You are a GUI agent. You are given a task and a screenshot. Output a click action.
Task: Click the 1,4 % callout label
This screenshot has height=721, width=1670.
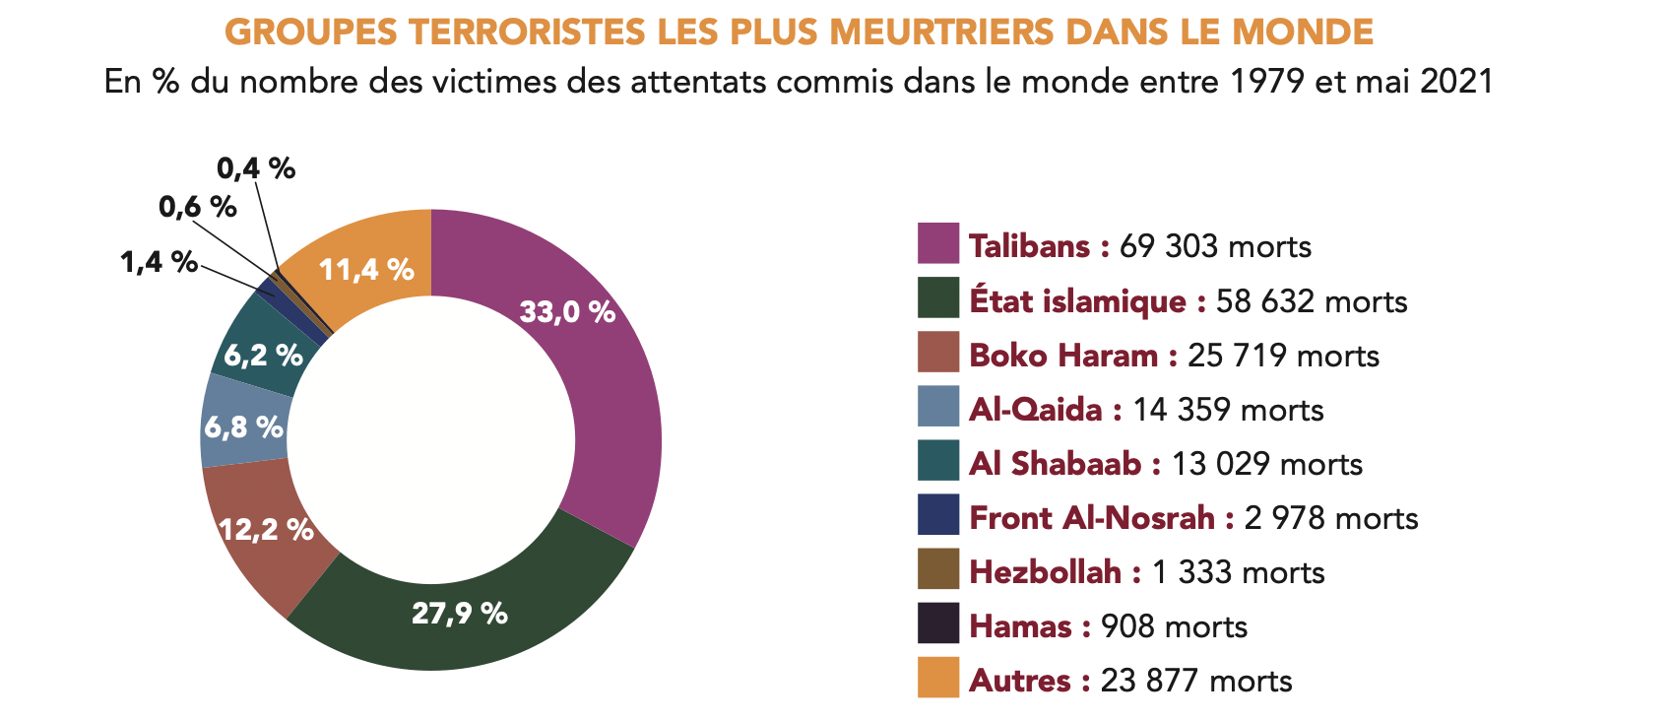point(159,262)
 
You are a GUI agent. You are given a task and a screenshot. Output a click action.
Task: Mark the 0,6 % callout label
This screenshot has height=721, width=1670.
point(197,207)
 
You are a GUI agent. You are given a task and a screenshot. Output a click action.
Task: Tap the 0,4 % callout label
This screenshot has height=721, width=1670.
point(256,168)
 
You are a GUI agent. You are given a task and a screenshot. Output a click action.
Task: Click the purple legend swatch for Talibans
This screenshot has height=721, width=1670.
point(937,243)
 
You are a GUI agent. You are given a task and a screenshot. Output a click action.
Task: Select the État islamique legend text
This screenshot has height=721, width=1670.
point(1077,300)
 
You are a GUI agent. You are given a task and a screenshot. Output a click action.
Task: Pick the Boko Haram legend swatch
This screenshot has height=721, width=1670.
point(937,352)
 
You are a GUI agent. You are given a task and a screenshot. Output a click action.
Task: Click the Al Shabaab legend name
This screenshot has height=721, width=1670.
point(1055,464)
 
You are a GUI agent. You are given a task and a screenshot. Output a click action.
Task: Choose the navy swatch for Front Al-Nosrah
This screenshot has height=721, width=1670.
point(937,514)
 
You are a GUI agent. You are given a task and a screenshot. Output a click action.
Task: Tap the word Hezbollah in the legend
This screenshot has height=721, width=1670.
point(1045,572)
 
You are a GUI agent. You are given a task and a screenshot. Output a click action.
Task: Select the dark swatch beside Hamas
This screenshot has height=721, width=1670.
point(937,623)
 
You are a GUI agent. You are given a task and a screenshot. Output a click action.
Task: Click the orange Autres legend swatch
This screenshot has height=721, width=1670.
point(937,677)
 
